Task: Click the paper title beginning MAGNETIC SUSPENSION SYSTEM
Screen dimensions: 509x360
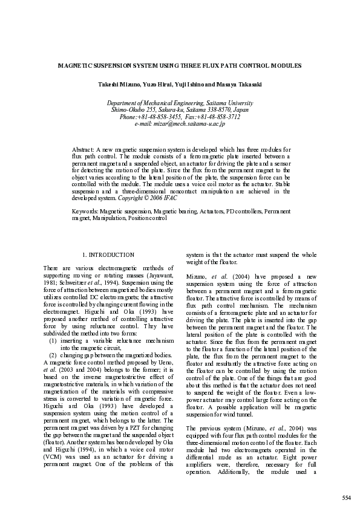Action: tap(180, 65)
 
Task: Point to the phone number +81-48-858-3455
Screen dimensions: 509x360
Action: tap(161, 117)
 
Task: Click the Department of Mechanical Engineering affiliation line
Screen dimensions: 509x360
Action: tap(180, 103)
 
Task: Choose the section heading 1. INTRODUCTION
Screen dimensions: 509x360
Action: tap(108, 256)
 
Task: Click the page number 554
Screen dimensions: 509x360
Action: tap(346, 498)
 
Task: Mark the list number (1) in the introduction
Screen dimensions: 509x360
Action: tap(53, 341)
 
